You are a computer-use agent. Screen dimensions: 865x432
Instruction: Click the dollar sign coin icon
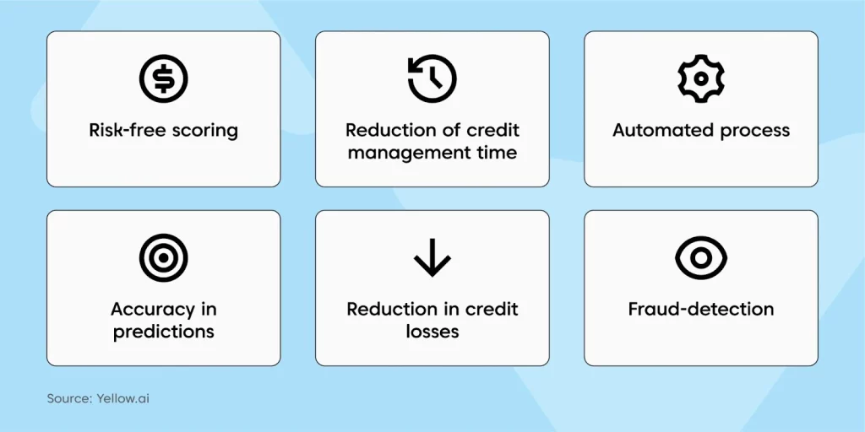coord(163,78)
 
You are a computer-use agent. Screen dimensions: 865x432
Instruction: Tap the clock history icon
coord(432,78)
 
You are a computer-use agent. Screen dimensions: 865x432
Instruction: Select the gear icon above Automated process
coord(700,78)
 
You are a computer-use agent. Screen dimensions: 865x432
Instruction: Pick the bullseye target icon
coord(163,257)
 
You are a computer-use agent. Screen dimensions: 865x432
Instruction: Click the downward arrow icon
coord(432,257)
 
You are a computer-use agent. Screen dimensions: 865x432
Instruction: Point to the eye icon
coord(700,257)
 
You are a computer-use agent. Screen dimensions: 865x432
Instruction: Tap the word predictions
coord(163,332)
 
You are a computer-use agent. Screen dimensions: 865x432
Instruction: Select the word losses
coord(432,331)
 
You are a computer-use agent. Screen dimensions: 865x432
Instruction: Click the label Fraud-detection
coord(700,309)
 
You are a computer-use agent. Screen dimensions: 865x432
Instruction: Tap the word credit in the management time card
coord(491,131)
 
